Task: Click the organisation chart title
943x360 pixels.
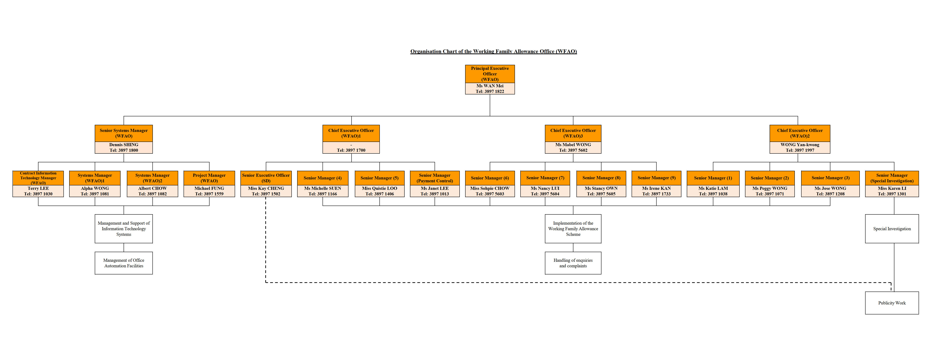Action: pyautogui.click(x=493, y=51)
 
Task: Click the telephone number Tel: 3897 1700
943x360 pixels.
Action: pyautogui.click(x=351, y=150)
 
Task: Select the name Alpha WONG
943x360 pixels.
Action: pyautogui.click(x=95, y=188)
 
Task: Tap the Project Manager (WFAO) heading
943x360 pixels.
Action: pyautogui.click(x=209, y=178)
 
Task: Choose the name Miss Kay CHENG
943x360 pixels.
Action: pyautogui.click(x=266, y=188)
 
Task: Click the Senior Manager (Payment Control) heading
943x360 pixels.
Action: pyautogui.click(x=435, y=178)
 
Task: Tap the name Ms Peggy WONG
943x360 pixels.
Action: pyautogui.click(x=769, y=188)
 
